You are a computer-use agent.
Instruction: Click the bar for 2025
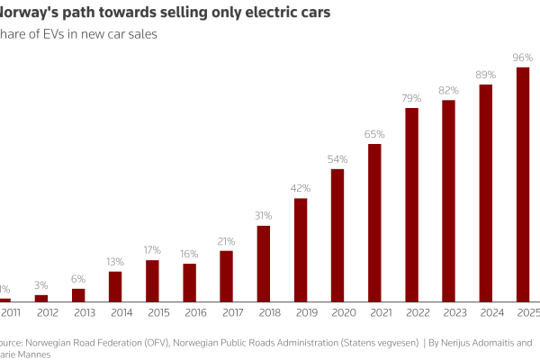click(523, 184)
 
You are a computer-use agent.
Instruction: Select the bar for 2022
click(411, 204)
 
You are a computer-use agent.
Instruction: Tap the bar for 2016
click(190, 283)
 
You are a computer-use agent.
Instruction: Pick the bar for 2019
click(301, 249)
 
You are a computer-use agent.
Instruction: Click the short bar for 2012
click(41, 298)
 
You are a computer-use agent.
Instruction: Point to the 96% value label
click(523, 58)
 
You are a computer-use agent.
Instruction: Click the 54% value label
click(337, 159)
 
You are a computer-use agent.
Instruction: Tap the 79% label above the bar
click(411, 98)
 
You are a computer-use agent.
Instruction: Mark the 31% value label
click(264, 216)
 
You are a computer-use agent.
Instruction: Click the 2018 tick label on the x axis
click(264, 312)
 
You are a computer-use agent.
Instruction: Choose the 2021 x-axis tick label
click(374, 312)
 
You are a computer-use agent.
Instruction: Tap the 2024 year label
click(486, 312)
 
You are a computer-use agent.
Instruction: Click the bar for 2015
click(152, 280)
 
